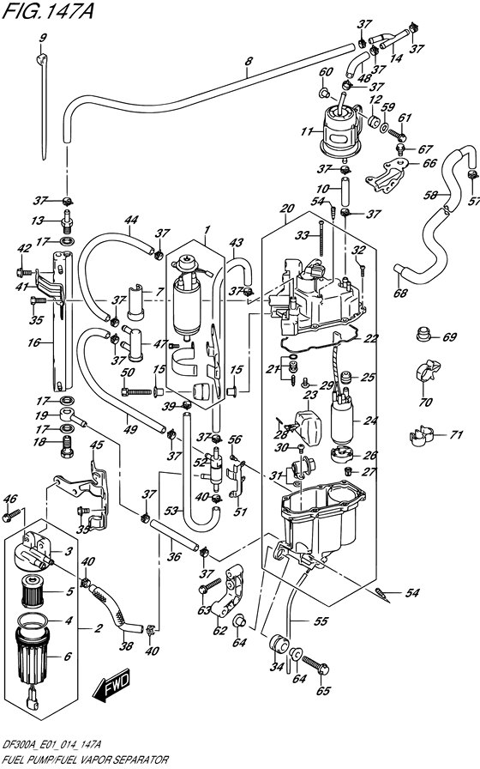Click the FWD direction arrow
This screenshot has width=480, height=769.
tap(112, 684)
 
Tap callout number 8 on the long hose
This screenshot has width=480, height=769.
tap(249, 63)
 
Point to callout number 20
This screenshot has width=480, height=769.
tap(287, 209)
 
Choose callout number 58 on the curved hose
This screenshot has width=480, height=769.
tap(430, 195)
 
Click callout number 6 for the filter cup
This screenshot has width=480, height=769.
tap(68, 657)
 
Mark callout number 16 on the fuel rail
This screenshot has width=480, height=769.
tap(33, 342)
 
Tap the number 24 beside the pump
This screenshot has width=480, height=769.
tap(371, 421)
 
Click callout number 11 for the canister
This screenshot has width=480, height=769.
tap(307, 132)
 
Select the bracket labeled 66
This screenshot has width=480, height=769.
tap(387, 175)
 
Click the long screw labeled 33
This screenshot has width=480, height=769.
tap(321, 238)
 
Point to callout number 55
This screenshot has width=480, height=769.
tap(321, 621)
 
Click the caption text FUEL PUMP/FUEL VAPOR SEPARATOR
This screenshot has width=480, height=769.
tap(84, 760)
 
